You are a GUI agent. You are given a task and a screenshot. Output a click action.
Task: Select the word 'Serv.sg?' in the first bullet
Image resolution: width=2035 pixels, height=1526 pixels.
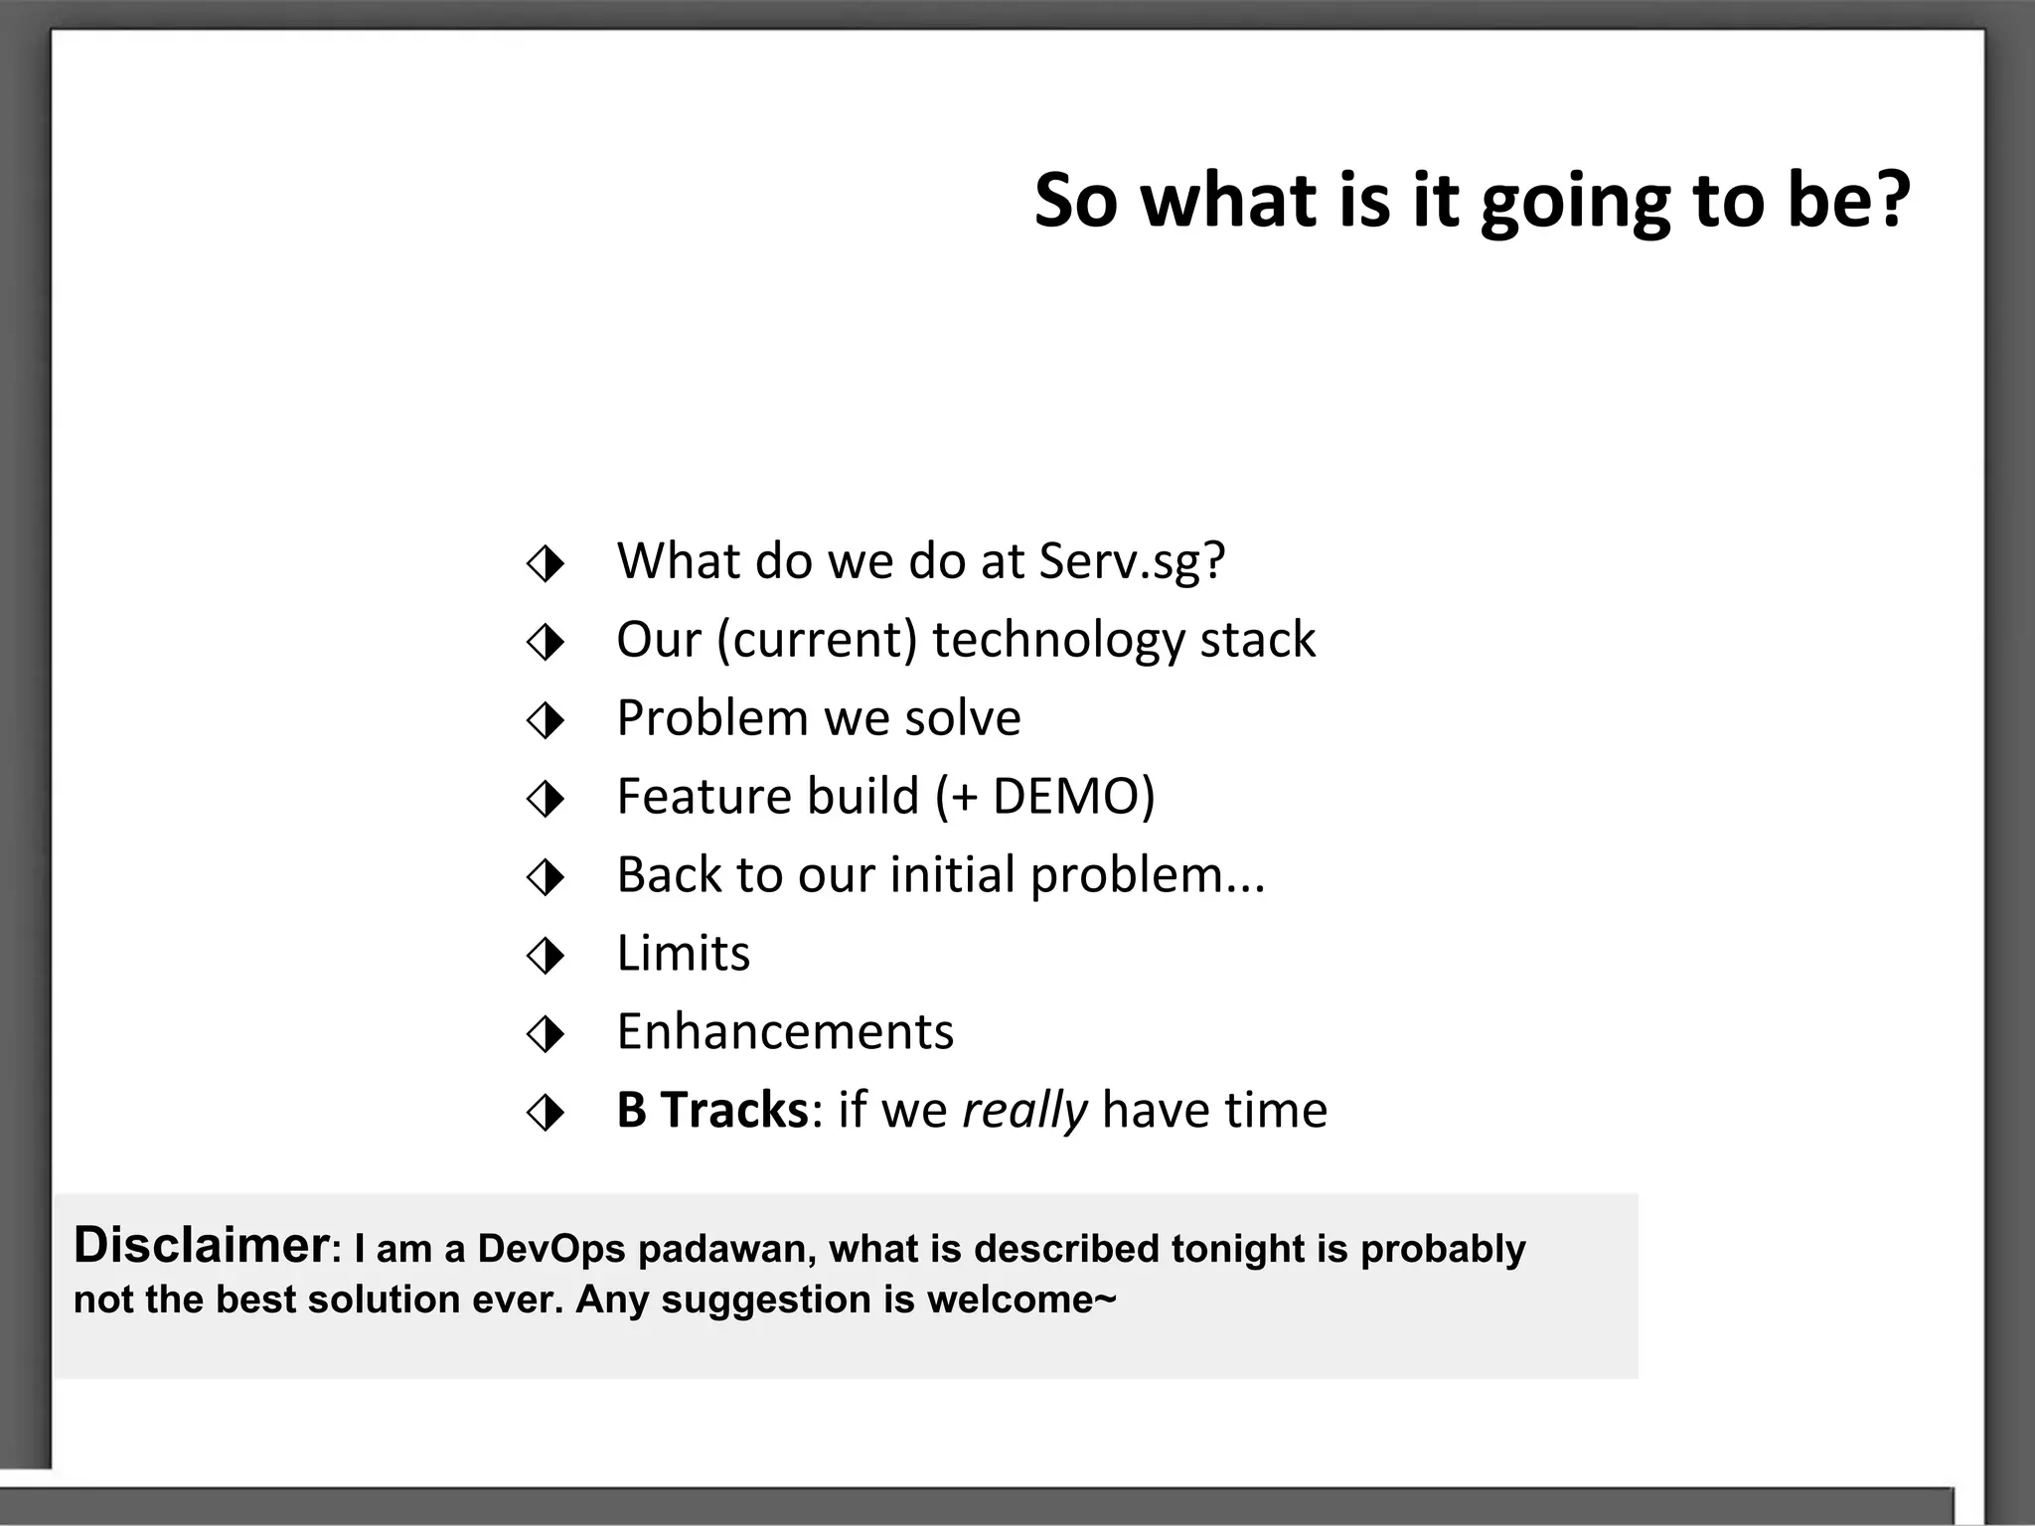1132,561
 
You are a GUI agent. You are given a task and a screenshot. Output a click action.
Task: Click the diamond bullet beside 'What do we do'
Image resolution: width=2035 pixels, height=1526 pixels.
546,564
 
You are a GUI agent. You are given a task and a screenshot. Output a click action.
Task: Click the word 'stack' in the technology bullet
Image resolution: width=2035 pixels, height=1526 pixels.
1257,640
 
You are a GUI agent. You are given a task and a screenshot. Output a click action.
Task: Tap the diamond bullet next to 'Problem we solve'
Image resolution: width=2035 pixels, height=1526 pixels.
546,721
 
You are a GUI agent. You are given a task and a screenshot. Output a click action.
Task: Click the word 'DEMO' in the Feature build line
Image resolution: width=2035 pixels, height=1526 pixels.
1065,797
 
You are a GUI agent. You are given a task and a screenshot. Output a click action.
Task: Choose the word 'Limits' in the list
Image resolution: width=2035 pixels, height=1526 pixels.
684,954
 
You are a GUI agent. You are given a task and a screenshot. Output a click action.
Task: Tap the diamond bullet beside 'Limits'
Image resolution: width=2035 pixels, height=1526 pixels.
546,957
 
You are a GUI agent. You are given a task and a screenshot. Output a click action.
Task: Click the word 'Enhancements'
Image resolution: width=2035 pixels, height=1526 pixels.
785,1032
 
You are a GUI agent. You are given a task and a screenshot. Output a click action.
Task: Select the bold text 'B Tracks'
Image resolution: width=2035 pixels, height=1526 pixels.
711,1111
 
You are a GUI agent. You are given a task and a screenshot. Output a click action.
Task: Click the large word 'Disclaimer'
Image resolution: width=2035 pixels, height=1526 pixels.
201,1246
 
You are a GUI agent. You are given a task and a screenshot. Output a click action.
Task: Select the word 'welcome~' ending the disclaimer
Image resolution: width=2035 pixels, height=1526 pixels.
1021,1300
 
